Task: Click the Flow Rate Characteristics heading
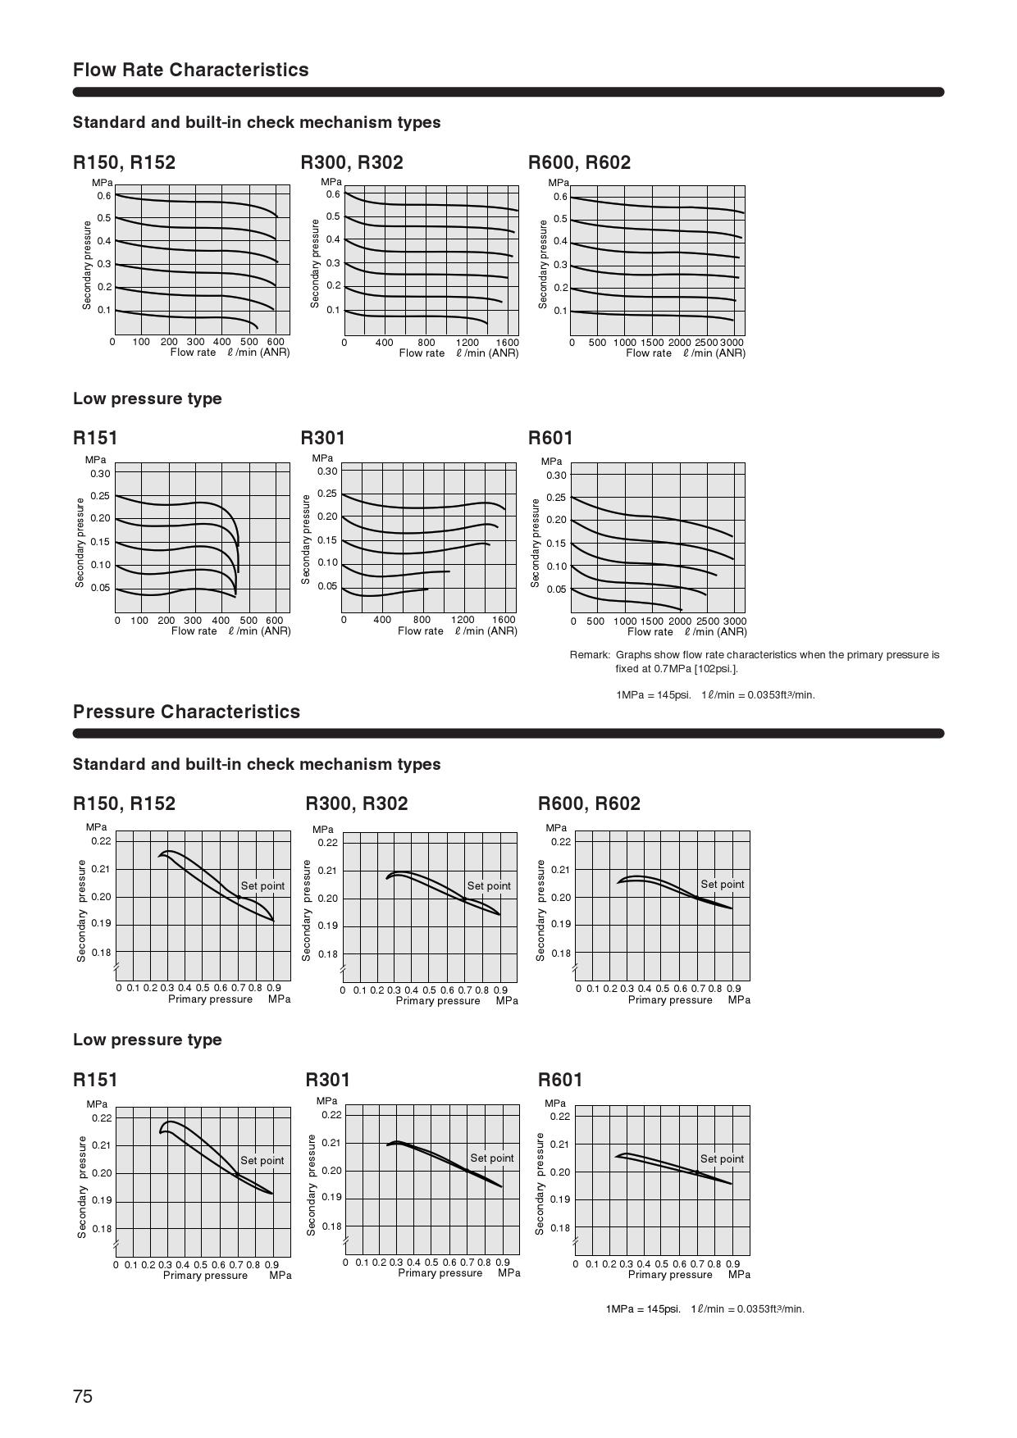[x=191, y=70]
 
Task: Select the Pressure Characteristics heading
[x=186, y=712]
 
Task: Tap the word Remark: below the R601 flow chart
[x=590, y=655]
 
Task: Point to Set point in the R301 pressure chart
[x=492, y=1158]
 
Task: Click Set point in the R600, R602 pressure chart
[x=723, y=885]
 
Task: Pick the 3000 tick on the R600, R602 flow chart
[x=732, y=343]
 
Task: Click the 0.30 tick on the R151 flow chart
[x=100, y=474]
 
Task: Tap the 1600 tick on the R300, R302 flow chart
[x=507, y=343]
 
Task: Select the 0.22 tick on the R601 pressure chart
[x=559, y=1117]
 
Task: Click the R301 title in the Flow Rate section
[x=323, y=438]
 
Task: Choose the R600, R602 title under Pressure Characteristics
[x=589, y=803]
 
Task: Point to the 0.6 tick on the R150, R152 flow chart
[x=104, y=196]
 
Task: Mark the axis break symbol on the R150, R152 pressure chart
[x=116, y=968]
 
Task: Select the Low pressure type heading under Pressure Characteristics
[x=148, y=1040]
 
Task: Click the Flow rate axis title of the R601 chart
[x=650, y=632]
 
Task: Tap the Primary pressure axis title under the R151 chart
[x=205, y=1276]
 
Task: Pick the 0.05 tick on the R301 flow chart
[x=327, y=586]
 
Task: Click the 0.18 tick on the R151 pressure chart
[x=102, y=1229]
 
